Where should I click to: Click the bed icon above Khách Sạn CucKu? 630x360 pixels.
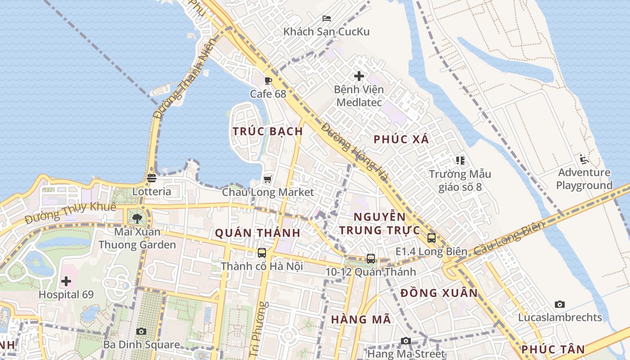[x=327, y=18]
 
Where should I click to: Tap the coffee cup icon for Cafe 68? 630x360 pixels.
[x=268, y=81]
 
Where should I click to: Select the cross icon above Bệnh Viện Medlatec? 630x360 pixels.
[x=359, y=76]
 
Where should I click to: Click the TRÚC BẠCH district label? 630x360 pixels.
[x=268, y=131]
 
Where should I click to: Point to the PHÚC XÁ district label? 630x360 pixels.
[x=401, y=139]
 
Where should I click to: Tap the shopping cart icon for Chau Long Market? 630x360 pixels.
[x=268, y=180]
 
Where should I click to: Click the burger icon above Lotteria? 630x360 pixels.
[x=152, y=178]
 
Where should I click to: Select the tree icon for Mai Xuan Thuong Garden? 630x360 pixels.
[x=137, y=219]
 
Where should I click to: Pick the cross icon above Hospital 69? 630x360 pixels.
[x=66, y=282]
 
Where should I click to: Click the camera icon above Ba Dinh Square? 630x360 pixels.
[x=141, y=332]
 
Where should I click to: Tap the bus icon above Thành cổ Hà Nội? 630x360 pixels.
[x=262, y=253]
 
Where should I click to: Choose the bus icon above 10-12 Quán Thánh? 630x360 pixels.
[x=371, y=259]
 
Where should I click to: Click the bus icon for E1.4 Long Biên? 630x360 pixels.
[x=431, y=238]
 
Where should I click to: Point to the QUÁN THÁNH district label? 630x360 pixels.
[x=257, y=233]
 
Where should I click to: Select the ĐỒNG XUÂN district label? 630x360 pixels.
[x=439, y=293]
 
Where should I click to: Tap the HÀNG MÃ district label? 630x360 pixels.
[x=361, y=320]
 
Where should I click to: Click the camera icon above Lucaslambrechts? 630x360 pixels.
[x=560, y=305]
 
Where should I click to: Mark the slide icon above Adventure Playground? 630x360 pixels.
[x=584, y=159]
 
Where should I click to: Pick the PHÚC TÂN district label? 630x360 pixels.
[x=553, y=350]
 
